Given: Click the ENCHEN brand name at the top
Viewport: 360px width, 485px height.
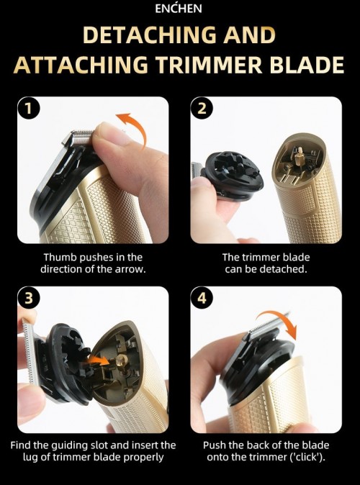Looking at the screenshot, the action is click(179, 9).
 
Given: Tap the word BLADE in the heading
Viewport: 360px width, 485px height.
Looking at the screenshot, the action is click(307, 65).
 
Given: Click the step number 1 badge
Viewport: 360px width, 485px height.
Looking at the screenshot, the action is click(29, 109).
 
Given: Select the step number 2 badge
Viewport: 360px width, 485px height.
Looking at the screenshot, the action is click(202, 109).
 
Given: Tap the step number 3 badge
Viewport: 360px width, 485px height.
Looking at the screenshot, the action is click(29, 298).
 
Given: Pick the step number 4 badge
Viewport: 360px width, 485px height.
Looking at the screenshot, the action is click(202, 298).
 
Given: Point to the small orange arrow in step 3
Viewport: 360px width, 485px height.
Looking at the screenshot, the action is click(98, 361).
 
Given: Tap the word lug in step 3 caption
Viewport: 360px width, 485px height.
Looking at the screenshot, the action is click(31, 457).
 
